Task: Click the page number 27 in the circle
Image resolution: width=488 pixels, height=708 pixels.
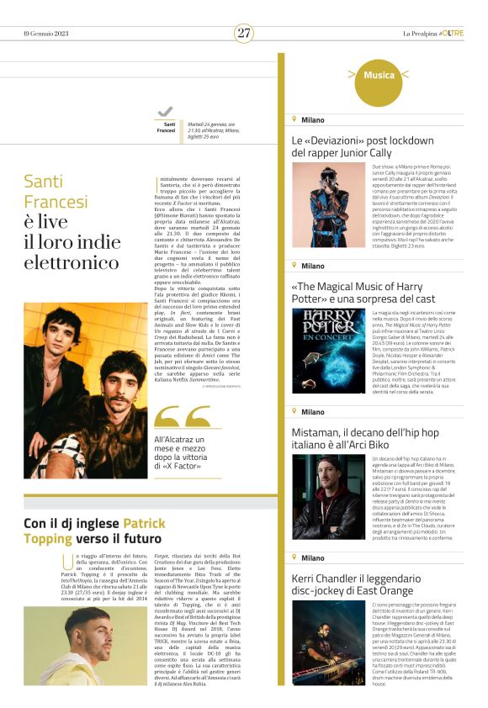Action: tap(244, 33)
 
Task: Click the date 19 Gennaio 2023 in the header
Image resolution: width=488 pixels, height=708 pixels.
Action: tap(48, 33)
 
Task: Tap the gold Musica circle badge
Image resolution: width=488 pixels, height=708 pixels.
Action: tap(379, 76)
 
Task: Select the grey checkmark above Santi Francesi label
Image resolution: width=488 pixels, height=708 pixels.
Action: tap(165, 112)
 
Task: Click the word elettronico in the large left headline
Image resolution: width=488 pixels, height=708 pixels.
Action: tap(72, 262)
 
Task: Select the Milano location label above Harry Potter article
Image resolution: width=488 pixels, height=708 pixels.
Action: tap(312, 266)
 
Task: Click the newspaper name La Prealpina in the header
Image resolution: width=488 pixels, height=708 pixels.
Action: tap(421, 33)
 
